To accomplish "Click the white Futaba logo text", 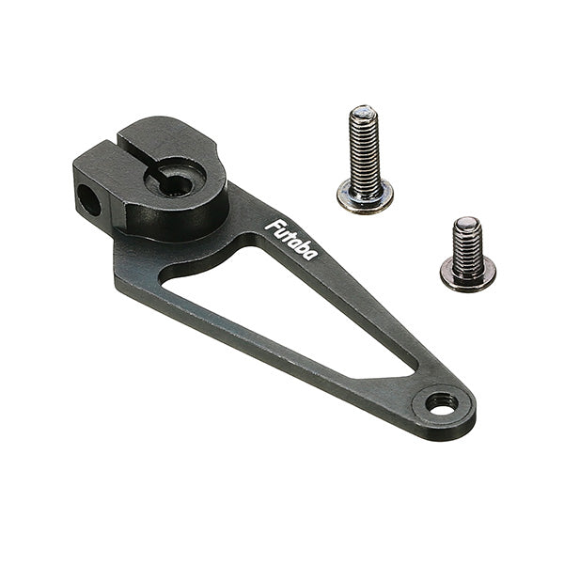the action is [x=291, y=239].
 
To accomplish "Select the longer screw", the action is [x=365, y=160].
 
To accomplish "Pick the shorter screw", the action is [x=467, y=254].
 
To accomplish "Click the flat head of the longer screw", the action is [x=365, y=197].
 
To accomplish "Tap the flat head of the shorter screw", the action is [x=467, y=274].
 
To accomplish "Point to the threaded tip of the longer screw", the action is [x=364, y=112].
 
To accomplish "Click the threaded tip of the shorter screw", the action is [x=467, y=223].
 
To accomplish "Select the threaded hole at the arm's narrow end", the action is [x=442, y=403].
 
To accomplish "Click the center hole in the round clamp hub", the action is [x=176, y=185].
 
